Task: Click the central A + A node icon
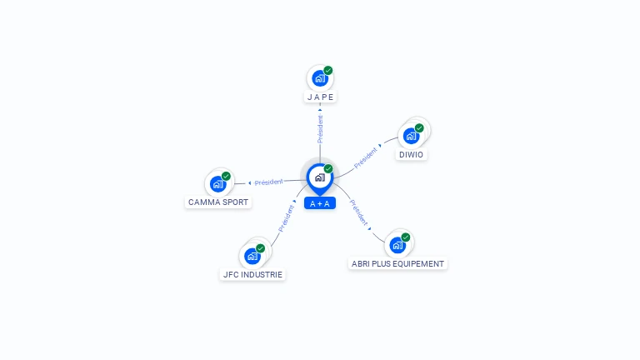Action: (319, 177)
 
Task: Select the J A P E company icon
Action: (319, 78)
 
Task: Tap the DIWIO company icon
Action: (411, 136)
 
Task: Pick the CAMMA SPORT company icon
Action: (217, 183)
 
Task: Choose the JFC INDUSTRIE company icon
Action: (252, 256)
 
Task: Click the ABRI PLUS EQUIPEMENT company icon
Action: (397, 245)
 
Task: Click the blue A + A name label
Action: (320, 203)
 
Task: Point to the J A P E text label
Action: (320, 97)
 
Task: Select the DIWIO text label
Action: (411, 155)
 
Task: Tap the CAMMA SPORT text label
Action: (218, 202)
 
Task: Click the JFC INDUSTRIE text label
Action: (252, 275)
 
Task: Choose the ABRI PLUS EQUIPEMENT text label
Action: (397, 264)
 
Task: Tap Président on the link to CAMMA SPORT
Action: (269, 182)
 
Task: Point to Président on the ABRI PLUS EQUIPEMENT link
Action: (358, 212)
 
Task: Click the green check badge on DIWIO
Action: (419, 128)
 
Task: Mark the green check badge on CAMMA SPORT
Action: (226, 176)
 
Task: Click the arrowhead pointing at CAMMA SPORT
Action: (249, 182)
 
